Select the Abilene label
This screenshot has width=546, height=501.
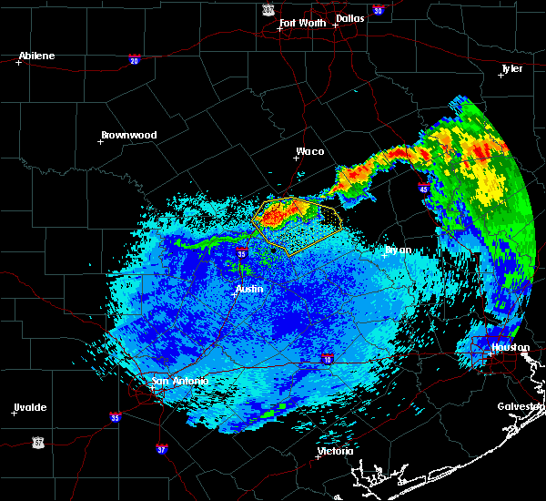[36, 56]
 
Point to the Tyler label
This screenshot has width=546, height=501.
[513, 68]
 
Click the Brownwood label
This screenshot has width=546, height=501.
[128, 135]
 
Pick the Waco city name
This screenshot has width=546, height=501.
[310, 152]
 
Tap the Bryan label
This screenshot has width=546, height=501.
[398, 250]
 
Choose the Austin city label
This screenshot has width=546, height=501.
[249, 289]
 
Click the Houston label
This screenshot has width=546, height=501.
[510, 347]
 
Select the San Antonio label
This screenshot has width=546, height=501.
[179, 381]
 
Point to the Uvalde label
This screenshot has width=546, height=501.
[30, 407]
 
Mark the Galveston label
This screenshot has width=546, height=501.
[520, 406]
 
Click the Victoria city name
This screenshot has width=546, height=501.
[335, 451]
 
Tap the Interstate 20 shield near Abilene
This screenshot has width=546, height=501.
[135, 60]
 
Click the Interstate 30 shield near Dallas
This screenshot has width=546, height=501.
[378, 10]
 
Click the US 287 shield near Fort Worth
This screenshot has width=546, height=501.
[268, 8]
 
